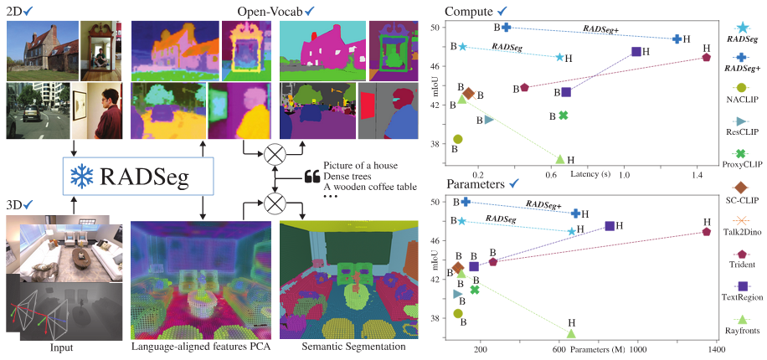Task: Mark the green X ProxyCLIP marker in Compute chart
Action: coord(564,116)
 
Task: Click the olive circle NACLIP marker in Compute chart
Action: coord(457,139)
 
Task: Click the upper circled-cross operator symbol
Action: coord(273,152)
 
